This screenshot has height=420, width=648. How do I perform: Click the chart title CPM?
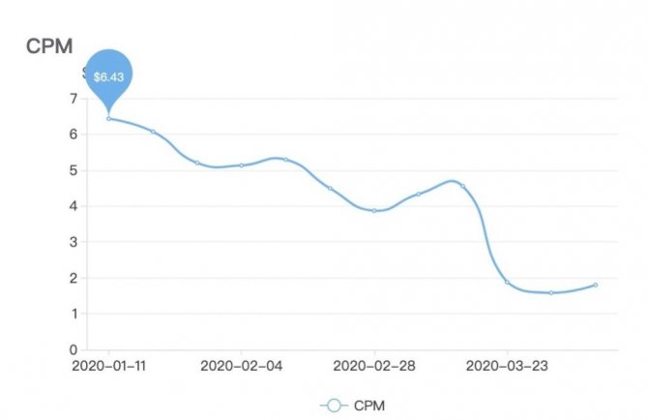pyautogui.click(x=48, y=46)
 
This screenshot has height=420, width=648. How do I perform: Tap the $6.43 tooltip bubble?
pyautogui.click(x=108, y=75)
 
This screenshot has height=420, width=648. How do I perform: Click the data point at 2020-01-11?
pyautogui.click(x=108, y=118)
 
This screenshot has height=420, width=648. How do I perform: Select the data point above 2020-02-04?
pyautogui.click(x=242, y=165)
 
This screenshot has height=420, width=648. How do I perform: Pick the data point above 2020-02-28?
pyautogui.click(x=374, y=210)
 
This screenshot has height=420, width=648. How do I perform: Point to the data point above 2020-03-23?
pyautogui.click(x=507, y=282)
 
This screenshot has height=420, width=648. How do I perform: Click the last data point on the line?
pyautogui.click(x=596, y=285)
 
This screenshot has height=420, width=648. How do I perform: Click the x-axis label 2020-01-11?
pyautogui.click(x=108, y=366)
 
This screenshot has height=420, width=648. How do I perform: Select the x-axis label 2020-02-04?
pyautogui.click(x=242, y=366)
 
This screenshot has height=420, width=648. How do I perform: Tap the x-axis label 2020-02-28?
pyautogui.click(x=374, y=366)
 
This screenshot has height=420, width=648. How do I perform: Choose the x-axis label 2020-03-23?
pyautogui.click(x=507, y=366)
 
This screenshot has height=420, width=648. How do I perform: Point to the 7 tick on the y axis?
pyautogui.click(x=74, y=98)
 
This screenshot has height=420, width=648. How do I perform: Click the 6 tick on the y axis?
pyautogui.click(x=74, y=135)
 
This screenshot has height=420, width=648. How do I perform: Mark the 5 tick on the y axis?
pyautogui.click(x=74, y=170)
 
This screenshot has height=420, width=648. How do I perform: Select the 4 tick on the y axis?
pyautogui.click(x=74, y=206)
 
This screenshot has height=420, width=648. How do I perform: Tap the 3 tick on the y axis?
pyautogui.click(x=74, y=242)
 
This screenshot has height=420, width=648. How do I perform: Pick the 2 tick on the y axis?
pyautogui.click(x=74, y=278)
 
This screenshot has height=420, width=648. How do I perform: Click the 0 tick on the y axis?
pyautogui.click(x=74, y=349)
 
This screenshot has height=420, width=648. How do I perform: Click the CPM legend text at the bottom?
pyautogui.click(x=369, y=405)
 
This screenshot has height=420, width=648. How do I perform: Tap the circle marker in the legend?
pyautogui.click(x=334, y=405)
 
